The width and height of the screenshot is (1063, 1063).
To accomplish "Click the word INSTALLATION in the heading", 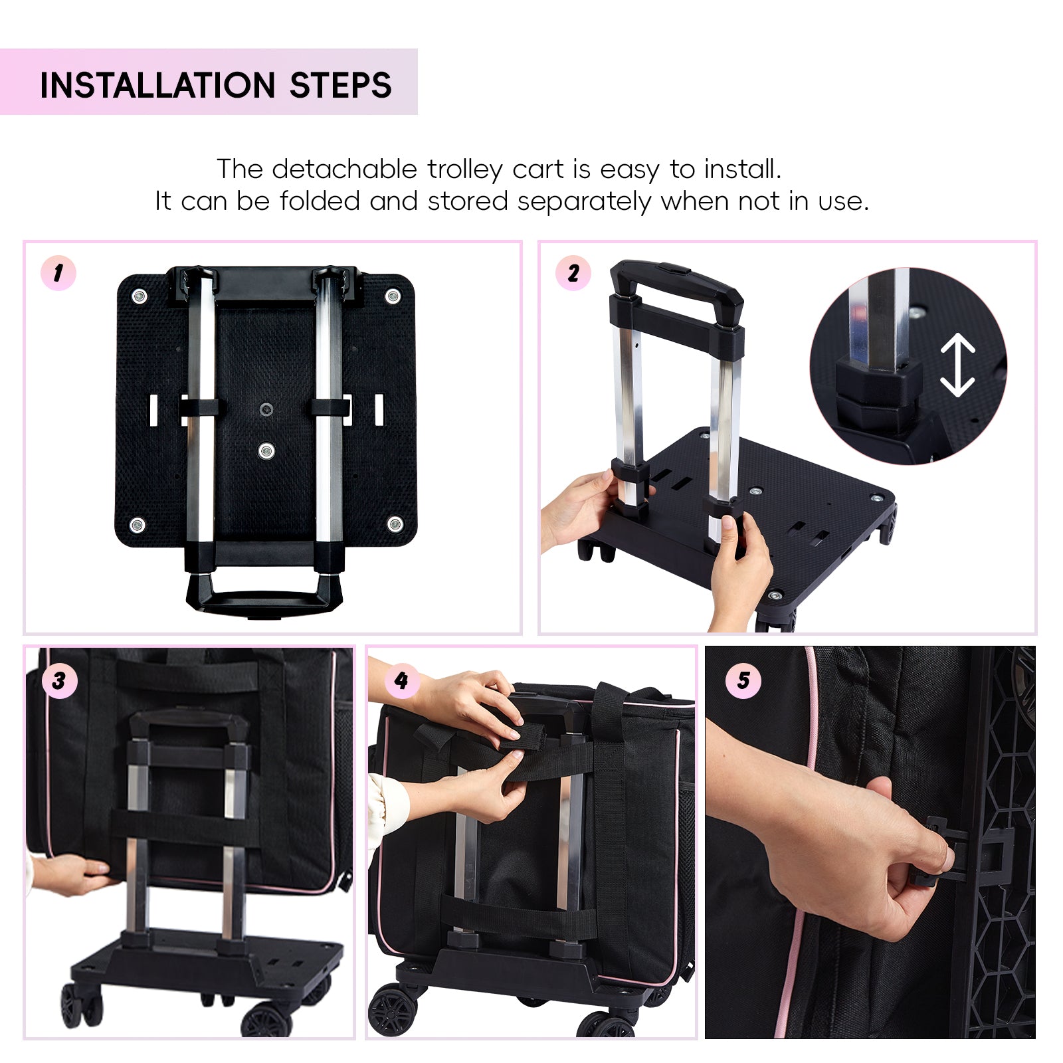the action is (x=157, y=85).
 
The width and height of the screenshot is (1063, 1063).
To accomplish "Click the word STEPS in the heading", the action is (x=341, y=85).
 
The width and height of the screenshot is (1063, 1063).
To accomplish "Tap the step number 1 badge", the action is (x=58, y=273).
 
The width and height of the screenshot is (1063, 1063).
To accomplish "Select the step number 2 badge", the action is (x=573, y=273).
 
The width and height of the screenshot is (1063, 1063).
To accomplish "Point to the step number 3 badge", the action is (x=59, y=680).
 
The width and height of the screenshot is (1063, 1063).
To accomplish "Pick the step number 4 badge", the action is (x=401, y=680).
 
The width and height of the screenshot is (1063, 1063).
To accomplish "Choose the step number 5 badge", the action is (x=743, y=680).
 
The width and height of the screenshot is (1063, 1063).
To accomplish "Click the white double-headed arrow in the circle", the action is (x=957, y=365).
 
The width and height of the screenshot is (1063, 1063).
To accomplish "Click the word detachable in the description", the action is (x=344, y=169).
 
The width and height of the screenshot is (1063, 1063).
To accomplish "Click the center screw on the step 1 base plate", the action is (x=266, y=451).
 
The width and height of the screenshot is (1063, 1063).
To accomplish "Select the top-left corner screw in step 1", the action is (x=140, y=296).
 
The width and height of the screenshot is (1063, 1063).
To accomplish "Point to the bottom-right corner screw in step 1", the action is (x=395, y=524).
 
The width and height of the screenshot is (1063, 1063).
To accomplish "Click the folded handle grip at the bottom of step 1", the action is (x=264, y=596).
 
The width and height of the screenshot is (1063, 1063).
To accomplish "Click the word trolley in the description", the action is (x=464, y=170).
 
